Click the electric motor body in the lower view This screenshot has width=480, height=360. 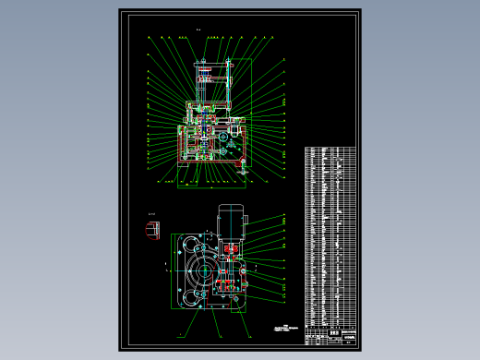229,222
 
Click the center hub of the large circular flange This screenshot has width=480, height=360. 200,274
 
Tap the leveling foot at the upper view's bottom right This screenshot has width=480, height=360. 243,166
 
